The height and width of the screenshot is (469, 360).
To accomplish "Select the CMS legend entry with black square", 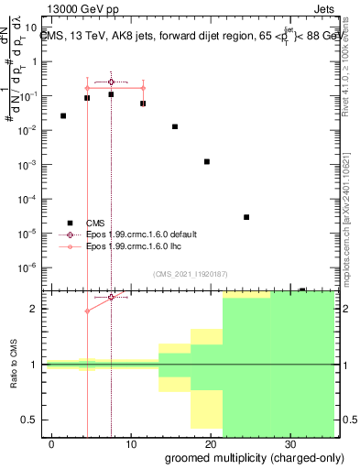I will [x=95, y=222].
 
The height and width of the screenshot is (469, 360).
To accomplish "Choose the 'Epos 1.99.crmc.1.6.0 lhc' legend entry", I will [x=133, y=247].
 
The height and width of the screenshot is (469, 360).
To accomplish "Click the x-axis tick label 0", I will [x=51, y=442].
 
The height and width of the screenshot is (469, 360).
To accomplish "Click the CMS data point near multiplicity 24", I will [x=246, y=217].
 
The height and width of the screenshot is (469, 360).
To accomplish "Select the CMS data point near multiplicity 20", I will [x=207, y=161].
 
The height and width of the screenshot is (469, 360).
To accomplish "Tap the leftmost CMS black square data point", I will [x=63, y=116].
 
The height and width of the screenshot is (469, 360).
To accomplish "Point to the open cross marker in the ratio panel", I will [x=111, y=297].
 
